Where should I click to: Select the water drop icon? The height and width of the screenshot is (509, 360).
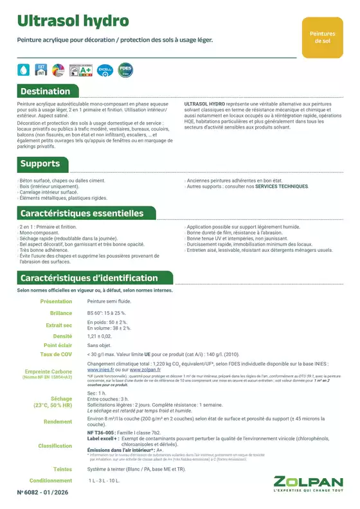coord(23,70)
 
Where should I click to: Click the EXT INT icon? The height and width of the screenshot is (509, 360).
coord(40,69)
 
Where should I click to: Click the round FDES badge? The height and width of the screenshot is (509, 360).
coord(125,69)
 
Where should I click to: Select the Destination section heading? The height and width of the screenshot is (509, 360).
coord(45,91)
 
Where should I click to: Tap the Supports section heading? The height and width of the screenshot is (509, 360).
coord(40,164)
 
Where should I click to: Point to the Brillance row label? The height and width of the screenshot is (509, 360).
coord(61,313)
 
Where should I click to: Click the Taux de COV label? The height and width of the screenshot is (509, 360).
coord(56,353)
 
